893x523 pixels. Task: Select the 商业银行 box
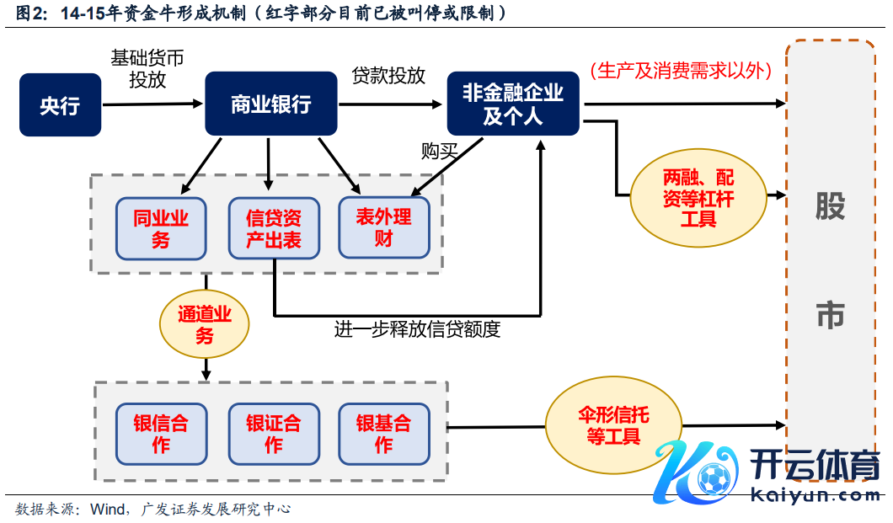click(271, 104)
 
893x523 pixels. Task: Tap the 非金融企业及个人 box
click(513, 104)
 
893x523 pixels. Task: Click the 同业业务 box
click(161, 228)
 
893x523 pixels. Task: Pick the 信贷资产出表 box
click(274, 228)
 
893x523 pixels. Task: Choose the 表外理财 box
click(384, 227)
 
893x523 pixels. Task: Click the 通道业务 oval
click(205, 324)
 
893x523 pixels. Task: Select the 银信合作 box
click(161, 434)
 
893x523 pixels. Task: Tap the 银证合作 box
click(274, 434)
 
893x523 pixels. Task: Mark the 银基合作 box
click(384, 434)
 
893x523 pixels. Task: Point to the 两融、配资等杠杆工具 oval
click(698, 199)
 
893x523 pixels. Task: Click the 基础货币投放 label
click(147, 68)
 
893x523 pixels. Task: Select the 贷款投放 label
click(388, 75)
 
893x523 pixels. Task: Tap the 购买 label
click(439, 152)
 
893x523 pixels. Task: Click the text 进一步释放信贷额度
click(417, 329)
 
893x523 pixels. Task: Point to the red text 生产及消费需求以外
click(681, 71)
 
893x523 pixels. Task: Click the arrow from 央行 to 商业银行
click(152, 104)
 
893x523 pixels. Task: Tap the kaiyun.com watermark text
click(814, 495)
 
